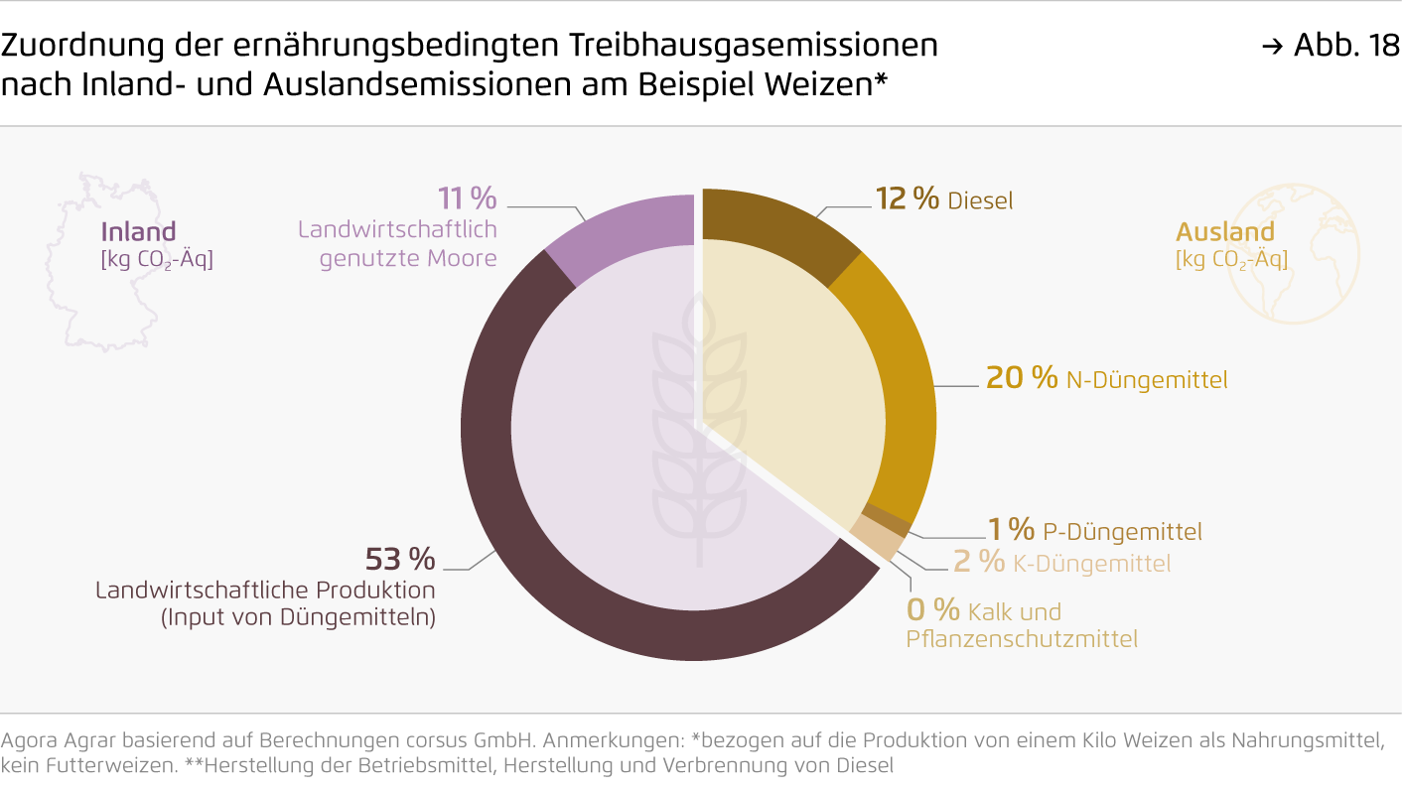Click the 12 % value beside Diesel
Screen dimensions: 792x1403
907,199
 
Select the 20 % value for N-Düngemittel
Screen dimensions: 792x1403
1021,378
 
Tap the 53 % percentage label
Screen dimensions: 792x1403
400,560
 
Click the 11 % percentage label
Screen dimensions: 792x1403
467,199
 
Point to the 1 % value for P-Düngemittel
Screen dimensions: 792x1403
1011,530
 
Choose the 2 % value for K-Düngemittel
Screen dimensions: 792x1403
978,562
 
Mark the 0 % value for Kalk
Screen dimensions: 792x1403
933,610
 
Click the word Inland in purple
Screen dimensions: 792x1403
138,232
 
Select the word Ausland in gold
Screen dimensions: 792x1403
1224,232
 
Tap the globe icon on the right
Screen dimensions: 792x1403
1293,253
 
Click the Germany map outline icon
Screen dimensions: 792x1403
99,248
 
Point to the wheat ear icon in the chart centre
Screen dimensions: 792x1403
699,427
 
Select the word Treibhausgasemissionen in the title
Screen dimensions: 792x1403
754,46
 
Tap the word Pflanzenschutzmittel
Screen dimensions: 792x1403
1022,639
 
